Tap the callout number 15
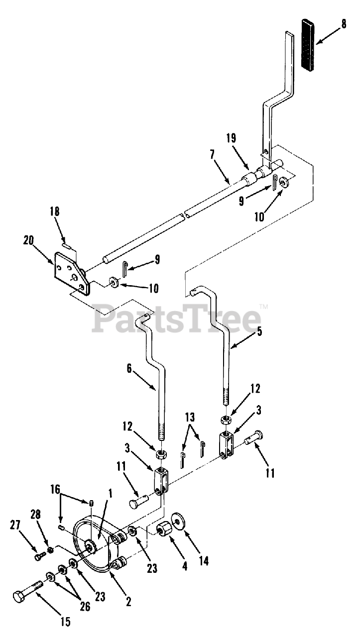pyautogui.click(x=65, y=622)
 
